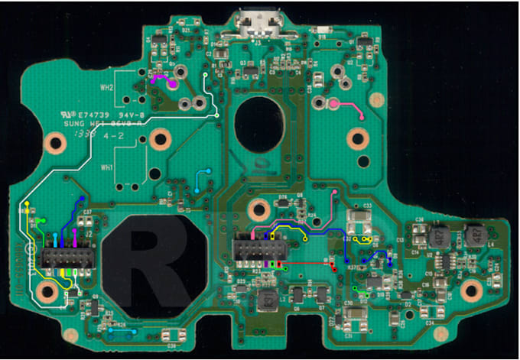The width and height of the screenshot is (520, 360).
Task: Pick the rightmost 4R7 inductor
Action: pos(473,233)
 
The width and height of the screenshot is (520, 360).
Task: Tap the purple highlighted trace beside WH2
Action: pos(162,79)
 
